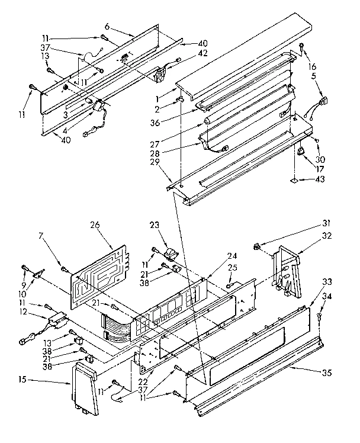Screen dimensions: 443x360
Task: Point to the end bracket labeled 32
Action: (x=286, y=267)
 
